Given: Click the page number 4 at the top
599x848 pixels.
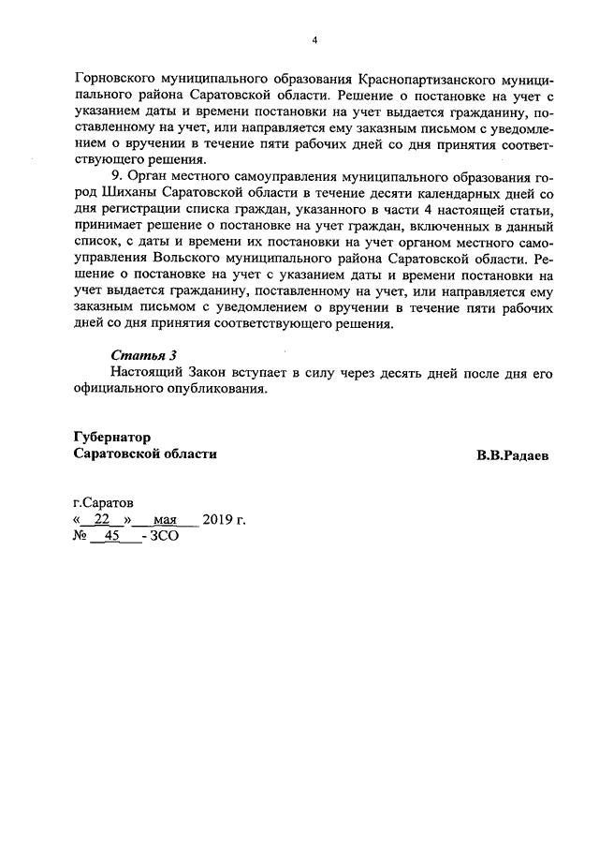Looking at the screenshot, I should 315,40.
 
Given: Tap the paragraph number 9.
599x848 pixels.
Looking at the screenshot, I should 114,175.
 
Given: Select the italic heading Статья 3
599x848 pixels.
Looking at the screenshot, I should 143,355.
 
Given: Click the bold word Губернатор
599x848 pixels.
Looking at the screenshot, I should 111,437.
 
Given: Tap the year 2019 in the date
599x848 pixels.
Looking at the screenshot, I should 218,520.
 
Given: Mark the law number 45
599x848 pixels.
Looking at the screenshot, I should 115,538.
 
